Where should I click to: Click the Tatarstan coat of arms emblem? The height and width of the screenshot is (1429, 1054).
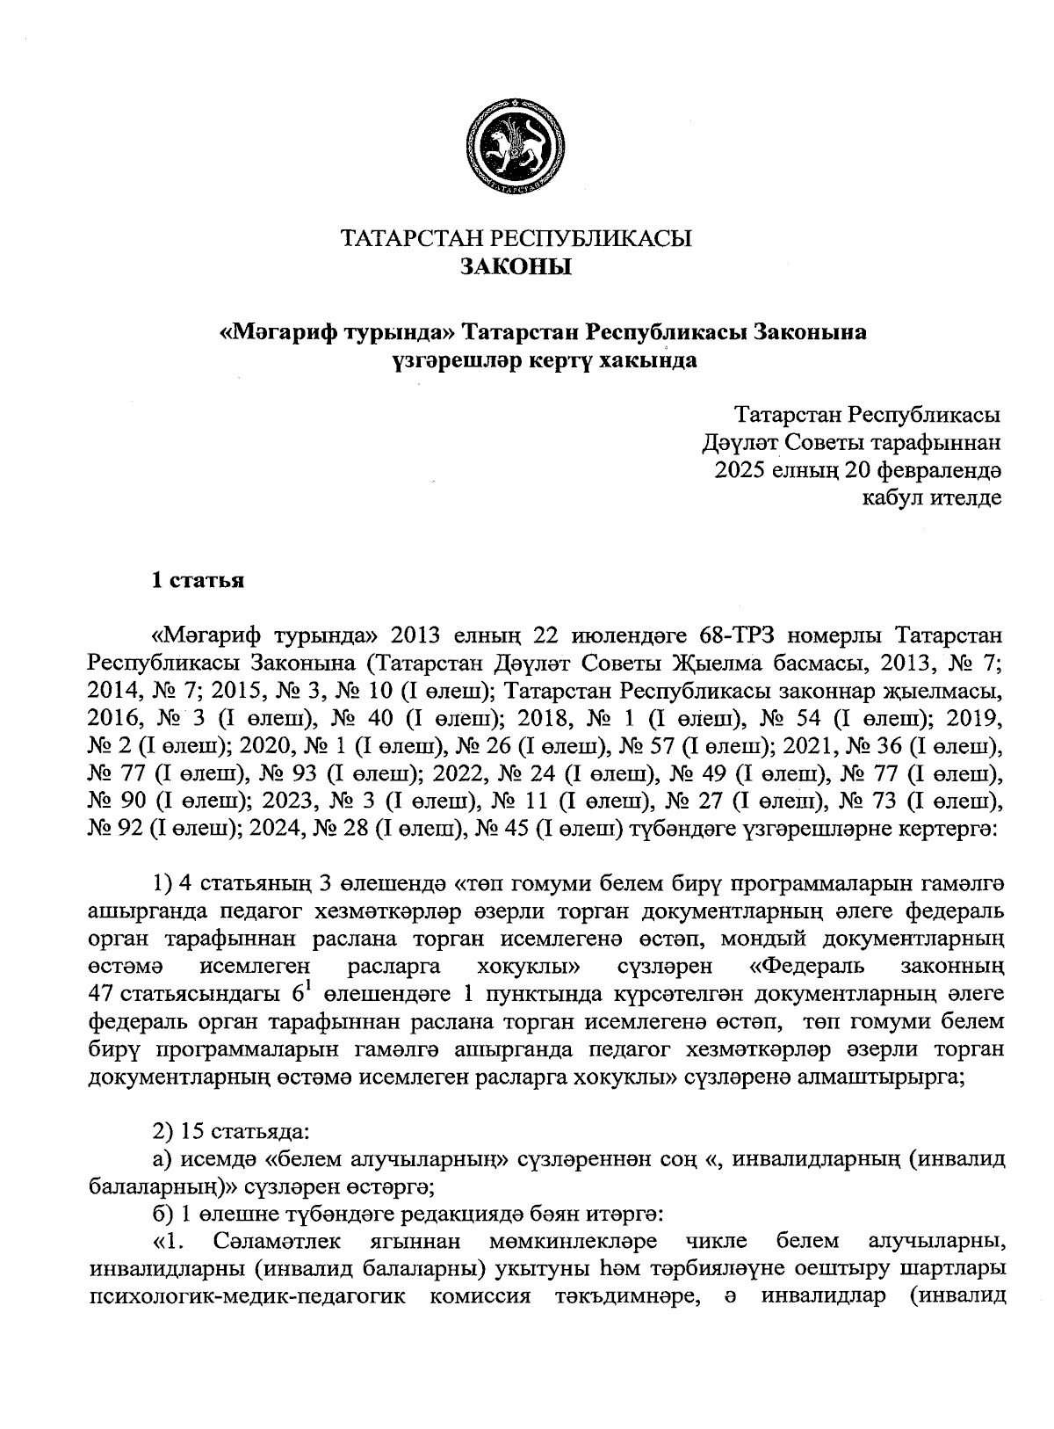coord(515,146)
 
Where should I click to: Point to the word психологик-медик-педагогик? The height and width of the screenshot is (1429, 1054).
coord(247,1296)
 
